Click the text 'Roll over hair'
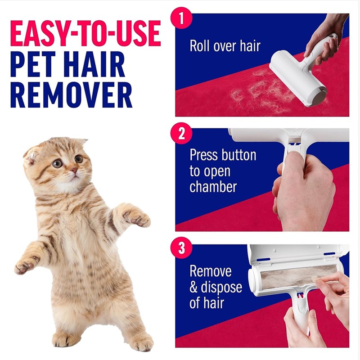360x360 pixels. coord(225,46)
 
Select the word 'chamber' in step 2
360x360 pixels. coord(213,187)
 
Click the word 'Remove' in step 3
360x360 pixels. coord(211,271)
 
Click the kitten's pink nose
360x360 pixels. coord(72,170)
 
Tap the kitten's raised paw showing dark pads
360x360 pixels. coord(136,217)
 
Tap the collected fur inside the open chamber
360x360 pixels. coord(297,276)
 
